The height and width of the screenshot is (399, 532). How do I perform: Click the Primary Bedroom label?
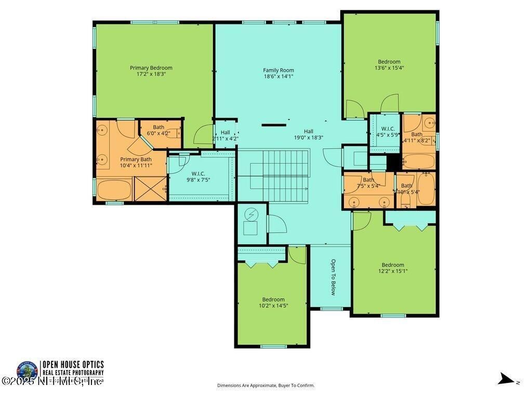coord(151,68)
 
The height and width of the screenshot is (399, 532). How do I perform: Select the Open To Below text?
coord(333,277)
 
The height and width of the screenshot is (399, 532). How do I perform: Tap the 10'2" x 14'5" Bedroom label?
coord(273,302)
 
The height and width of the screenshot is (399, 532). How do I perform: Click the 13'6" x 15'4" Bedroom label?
coord(389,64)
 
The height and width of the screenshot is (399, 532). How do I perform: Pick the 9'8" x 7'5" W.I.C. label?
coord(197,177)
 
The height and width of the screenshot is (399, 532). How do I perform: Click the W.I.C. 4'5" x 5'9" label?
coord(388,131)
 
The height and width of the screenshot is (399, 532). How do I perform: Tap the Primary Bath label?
coord(136,162)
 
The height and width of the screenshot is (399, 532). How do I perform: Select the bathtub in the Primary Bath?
coord(114,189)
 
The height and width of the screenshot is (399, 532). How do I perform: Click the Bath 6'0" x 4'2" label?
coord(159,130)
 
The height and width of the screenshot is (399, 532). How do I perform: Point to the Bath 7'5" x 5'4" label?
coord(368,182)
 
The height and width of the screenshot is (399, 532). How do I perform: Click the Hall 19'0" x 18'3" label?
coord(309,135)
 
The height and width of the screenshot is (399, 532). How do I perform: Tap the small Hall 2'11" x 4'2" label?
coord(225,136)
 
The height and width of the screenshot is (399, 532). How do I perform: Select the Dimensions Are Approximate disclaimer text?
coord(265,385)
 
